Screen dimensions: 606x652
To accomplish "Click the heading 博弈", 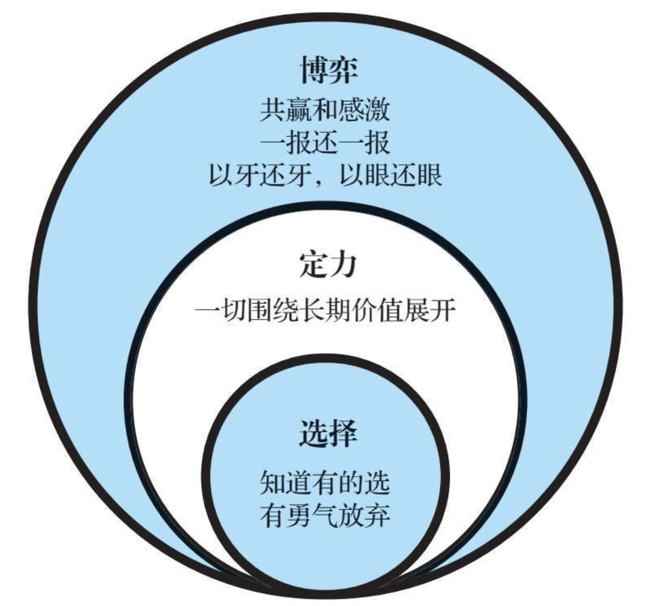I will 328,71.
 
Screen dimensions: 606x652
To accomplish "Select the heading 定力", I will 328,265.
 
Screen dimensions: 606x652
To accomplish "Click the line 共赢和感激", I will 325,111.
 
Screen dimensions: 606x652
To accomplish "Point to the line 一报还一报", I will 325,143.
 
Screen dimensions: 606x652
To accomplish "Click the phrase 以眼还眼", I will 391,176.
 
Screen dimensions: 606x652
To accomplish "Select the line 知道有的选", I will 325,483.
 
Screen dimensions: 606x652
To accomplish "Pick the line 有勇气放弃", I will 325,515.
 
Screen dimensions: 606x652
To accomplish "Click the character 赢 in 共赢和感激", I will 299,111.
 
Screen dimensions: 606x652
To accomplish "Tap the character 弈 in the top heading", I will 343,71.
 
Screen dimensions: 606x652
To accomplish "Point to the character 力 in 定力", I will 343,265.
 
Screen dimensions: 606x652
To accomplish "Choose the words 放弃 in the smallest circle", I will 364,515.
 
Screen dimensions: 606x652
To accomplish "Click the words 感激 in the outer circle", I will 364,111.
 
